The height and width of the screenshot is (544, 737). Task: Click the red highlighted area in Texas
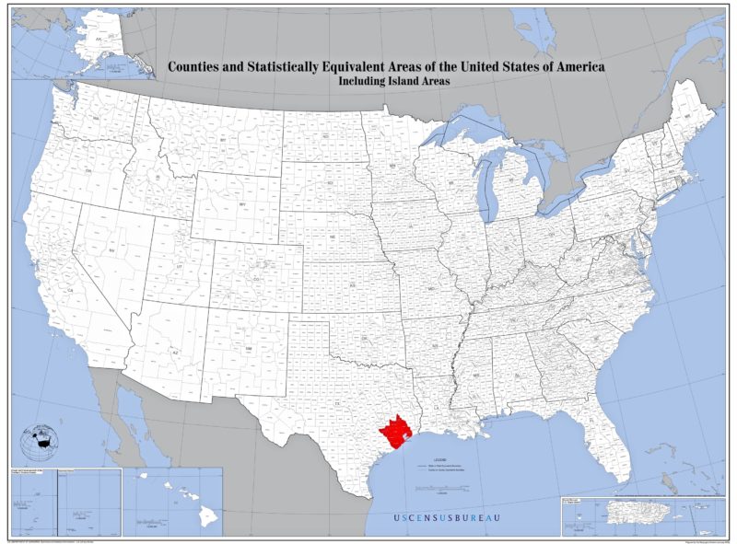pyautogui.click(x=397, y=430)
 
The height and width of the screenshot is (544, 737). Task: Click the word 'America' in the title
pyautogui.click(x=575, y=67)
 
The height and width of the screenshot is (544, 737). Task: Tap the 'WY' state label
pyautogui.click(x=242, y=203)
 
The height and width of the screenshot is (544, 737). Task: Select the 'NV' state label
pyautogui.click(x=112, y=250)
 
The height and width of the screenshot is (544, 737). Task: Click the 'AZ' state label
pyautogui.click(x=174, y=352)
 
